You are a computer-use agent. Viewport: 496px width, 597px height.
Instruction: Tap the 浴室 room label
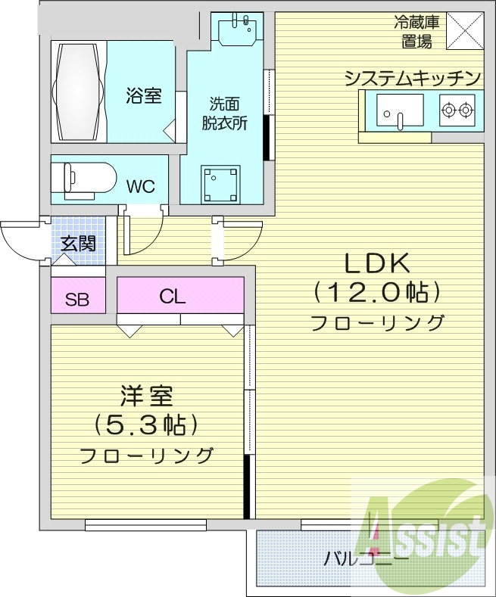tap(143, 96)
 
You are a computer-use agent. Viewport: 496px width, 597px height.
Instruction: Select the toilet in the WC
tap(83, 179)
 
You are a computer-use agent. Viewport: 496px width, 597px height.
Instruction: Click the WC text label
tap(141, 185)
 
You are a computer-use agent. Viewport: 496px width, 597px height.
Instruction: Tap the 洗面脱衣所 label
tap(228, 113)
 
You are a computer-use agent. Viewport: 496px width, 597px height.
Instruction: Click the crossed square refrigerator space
tap(463, 31)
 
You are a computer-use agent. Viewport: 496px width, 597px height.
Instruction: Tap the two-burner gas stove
tap(457, 110)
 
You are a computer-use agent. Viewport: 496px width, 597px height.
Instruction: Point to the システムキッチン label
tap(413, 78)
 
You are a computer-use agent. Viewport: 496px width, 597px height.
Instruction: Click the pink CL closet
tap(180, 295)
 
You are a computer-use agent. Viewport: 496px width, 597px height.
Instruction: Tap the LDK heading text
tap(376, 263)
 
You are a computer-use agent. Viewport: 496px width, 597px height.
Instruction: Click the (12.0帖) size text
tap(376, 292)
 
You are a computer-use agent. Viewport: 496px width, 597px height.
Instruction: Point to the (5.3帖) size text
tap(145, 425)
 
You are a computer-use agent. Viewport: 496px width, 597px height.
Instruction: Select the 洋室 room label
tap(146, 396)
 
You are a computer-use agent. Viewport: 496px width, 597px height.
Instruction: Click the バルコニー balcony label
tap(367, 560)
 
